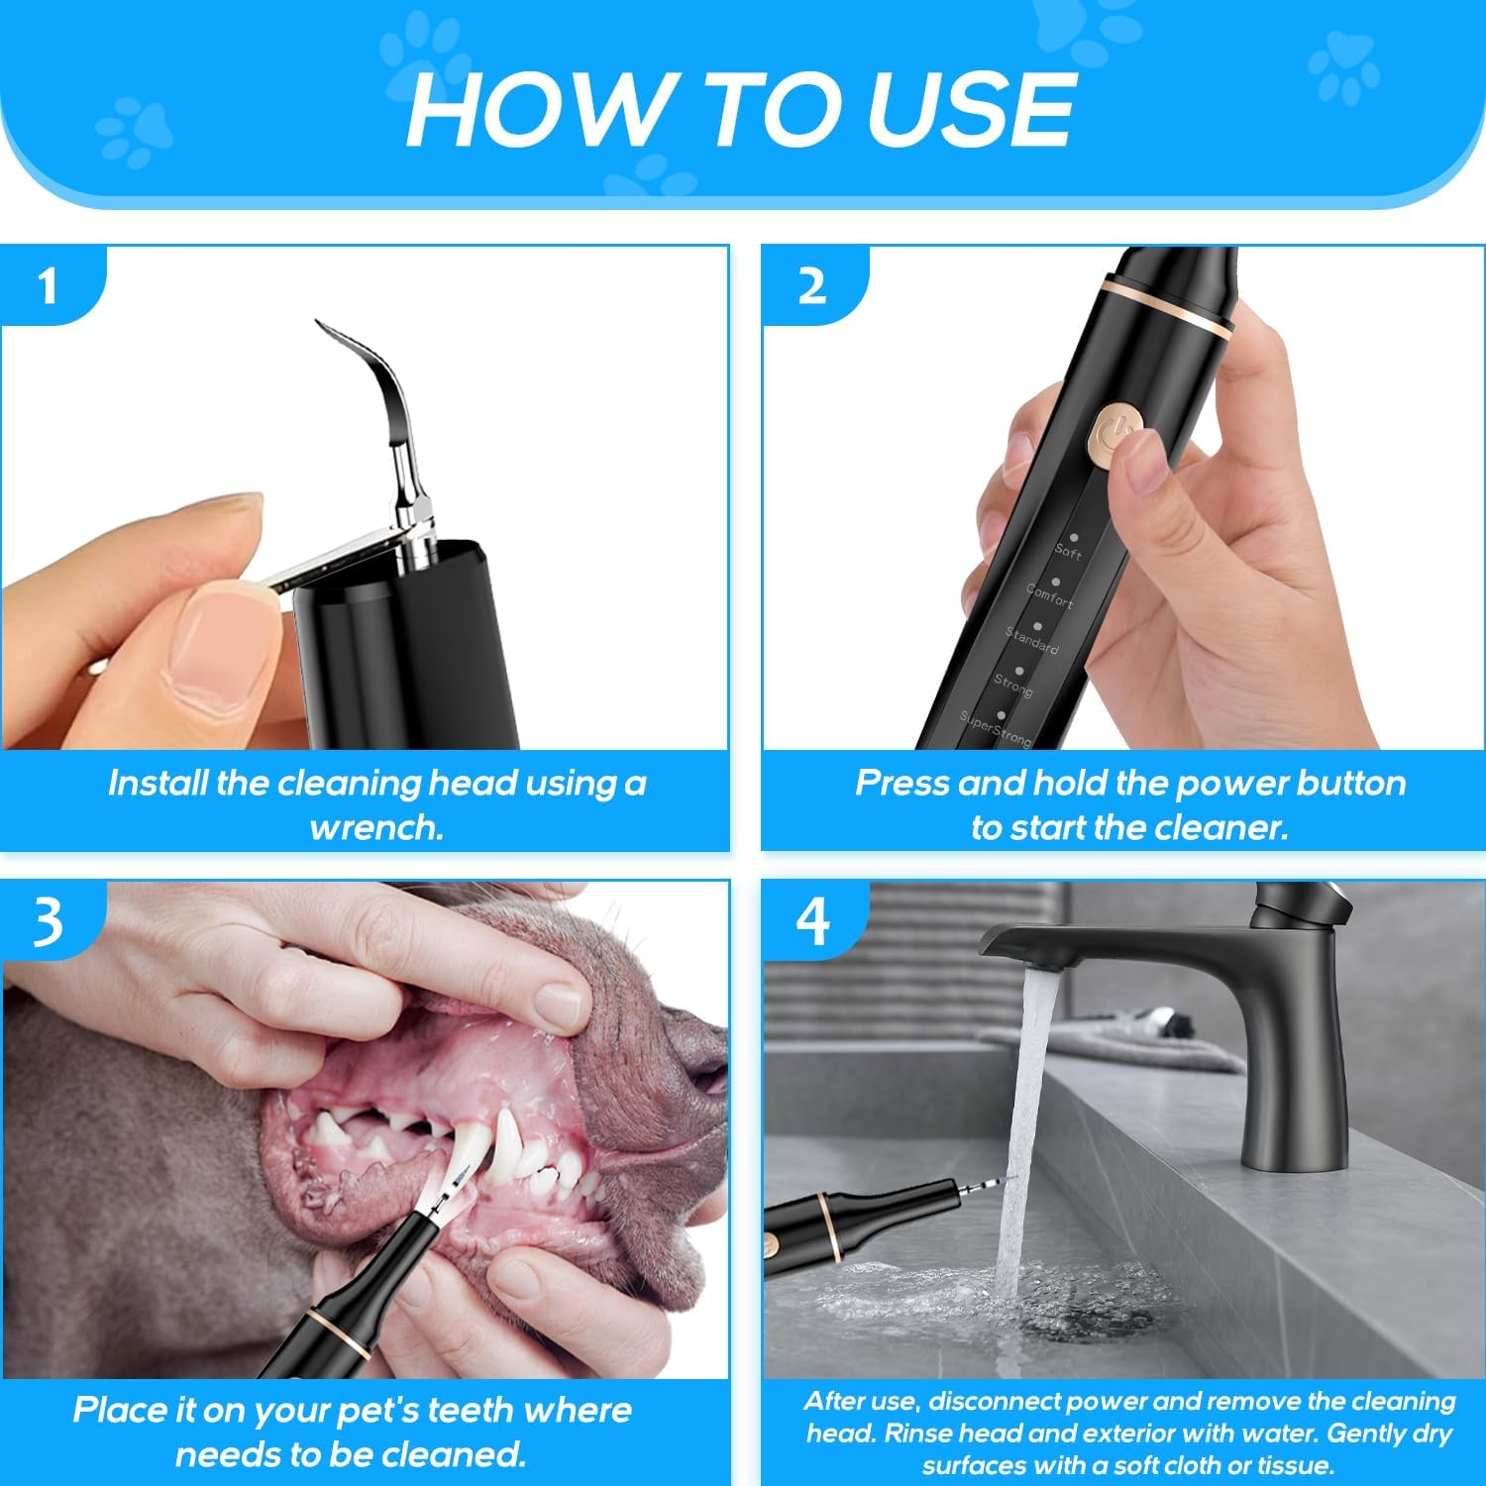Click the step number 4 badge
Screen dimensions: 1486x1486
[x=812, y=921]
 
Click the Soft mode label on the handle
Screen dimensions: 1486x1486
[x=1068, y=551]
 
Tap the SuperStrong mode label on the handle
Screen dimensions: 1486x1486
[x=996, y=729]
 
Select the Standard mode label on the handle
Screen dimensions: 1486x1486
[x=1032, y=640]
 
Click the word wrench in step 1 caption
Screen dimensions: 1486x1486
[x=375, y=827]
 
